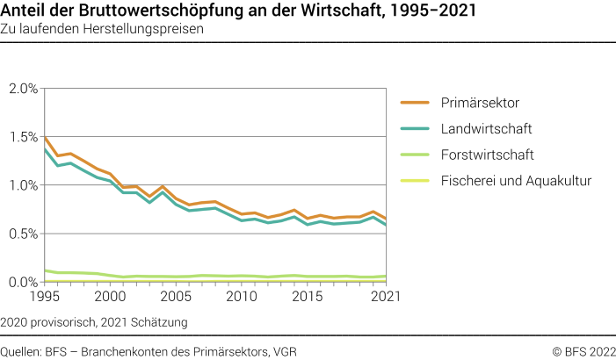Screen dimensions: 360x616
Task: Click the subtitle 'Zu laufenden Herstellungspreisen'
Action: tap(103, 29)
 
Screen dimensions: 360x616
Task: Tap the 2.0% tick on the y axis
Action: tap(23, 89)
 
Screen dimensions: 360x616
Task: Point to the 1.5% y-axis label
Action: tap(23, 137)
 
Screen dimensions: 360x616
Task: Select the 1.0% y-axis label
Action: tap(23, 185)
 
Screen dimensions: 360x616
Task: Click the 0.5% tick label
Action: tap(23, 234)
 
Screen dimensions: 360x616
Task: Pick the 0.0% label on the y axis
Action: tap(23, 282)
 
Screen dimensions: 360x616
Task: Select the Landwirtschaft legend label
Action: tap(487, 129)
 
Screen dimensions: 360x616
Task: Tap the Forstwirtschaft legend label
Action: tap(488, 155)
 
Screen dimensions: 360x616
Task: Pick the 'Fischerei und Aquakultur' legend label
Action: tap(515, 181)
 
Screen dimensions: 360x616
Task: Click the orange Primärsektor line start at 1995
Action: tap(45, 138)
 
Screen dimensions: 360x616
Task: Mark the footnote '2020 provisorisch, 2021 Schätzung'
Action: tap(95, 322)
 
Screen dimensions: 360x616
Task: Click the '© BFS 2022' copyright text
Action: tap(583, 351)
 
